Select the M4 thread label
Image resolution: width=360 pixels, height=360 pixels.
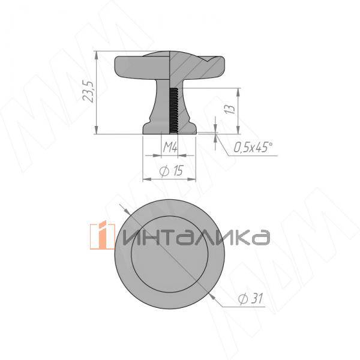(170, 146)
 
